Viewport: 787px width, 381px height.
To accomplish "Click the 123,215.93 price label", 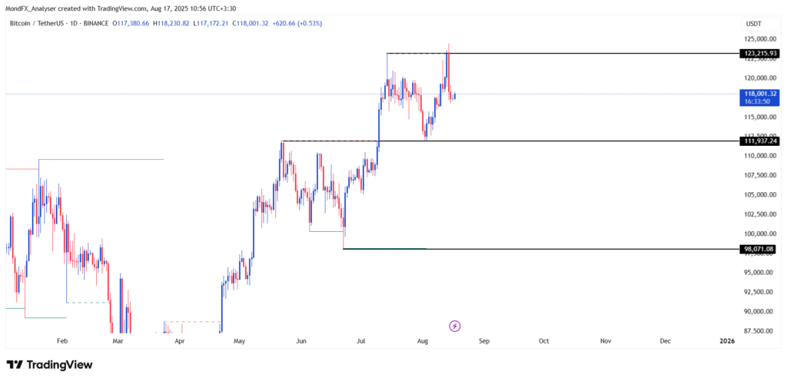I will [757, 53].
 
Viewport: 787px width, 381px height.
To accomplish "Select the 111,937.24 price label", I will [757, 141].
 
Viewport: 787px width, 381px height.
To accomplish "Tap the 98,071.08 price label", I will [758, 249].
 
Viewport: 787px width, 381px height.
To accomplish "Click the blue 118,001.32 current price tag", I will [758, 94].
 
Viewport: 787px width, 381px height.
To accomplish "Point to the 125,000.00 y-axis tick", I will [758, 39].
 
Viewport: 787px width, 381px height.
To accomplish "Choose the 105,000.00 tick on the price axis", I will [758, 194].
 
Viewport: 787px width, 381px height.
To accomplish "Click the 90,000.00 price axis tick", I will [758, 311].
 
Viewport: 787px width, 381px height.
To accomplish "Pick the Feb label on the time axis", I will [63, 340].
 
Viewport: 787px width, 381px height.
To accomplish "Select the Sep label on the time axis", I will [482, 340].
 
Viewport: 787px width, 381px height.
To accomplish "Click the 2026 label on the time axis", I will [726, 340].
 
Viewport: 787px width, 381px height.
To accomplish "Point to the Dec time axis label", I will [666, 340].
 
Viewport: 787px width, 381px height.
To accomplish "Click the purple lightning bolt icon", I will [454, 326].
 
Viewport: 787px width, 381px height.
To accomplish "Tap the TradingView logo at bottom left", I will [49, 365].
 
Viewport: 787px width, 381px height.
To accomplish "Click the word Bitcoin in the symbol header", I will [22, 24].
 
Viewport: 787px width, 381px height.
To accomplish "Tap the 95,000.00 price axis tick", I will [758, 272].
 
